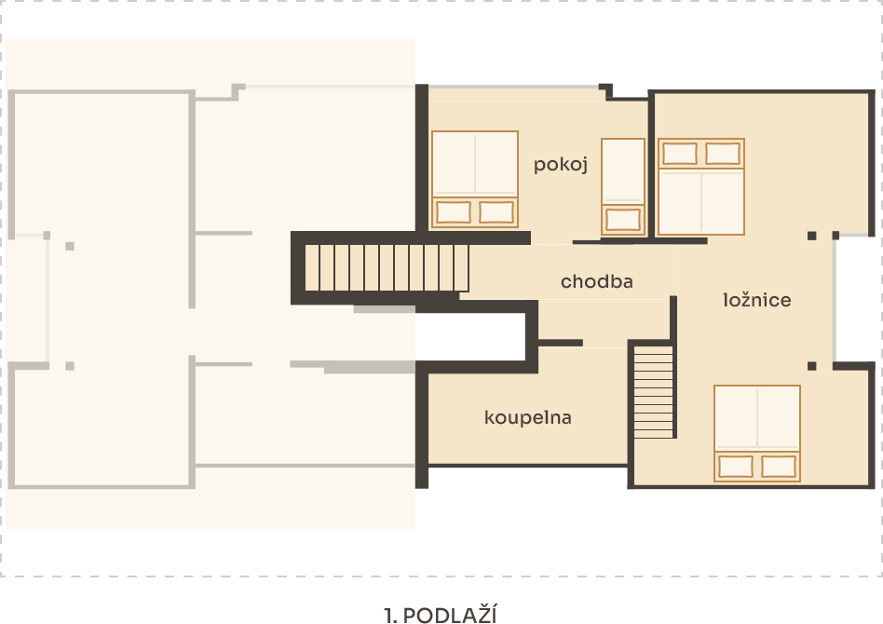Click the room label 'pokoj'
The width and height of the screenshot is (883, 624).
[x=561, y=165]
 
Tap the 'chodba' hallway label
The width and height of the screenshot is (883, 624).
[x=596, y=281]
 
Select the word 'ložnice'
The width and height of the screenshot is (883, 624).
[x=757, y=299]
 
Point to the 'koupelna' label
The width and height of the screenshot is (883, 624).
[x=528, y=417]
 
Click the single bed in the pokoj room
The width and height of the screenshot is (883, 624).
[x=623, y=186]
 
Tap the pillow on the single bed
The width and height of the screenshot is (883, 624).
[x=623, y=219]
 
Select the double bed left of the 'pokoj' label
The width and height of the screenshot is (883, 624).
[x=475, y=179]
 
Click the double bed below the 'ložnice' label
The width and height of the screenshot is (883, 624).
[x=757, y=433]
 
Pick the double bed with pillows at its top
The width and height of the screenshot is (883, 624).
[x=701, y=186]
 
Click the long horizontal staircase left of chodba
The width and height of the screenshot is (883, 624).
[x=387, y=267]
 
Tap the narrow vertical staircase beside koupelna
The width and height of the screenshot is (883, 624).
[x=653, y=392]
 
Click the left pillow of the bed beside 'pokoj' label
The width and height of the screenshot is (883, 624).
[x=454, y=212]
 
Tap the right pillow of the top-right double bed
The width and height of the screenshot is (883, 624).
[x=723, y=154]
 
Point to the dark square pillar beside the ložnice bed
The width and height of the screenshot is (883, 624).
[x=811, y=366]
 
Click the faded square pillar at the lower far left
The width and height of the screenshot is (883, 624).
[x=70, y=366]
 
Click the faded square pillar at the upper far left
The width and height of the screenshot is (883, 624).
[x=70, y=246]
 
